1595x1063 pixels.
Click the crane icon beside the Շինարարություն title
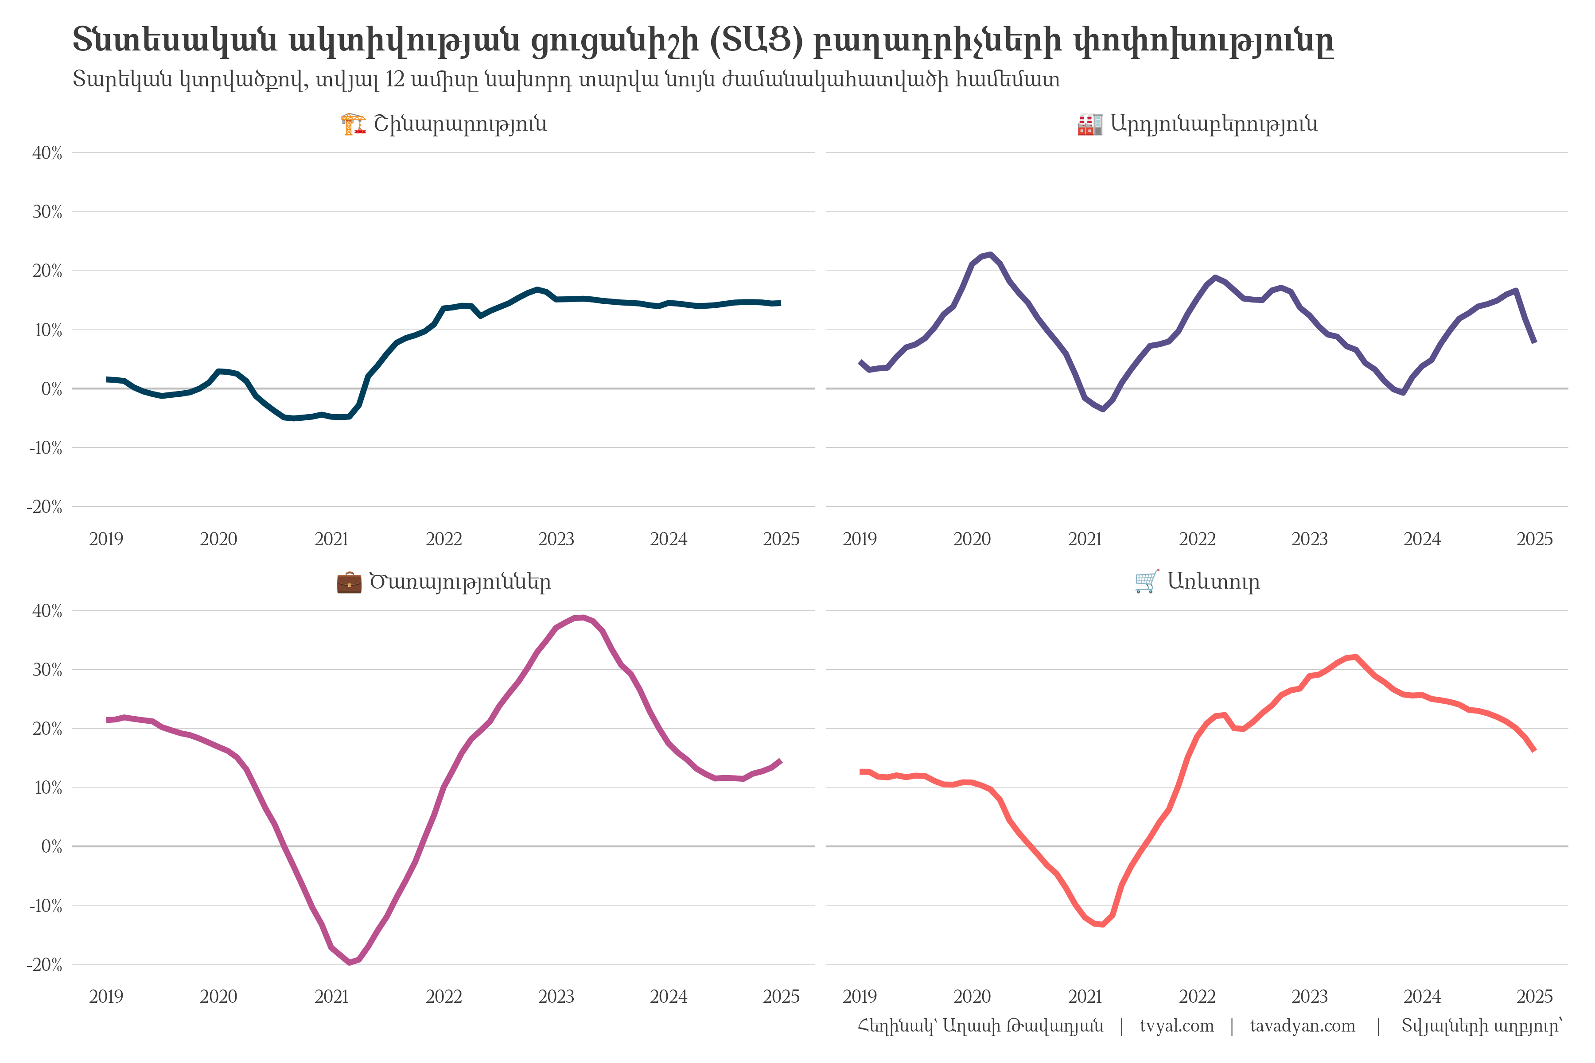tap(353, 124)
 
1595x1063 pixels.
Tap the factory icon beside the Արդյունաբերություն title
tap(1089, 124)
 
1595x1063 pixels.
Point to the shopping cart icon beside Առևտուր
tap(1147, 582)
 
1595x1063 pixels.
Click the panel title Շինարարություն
tap(460, 124)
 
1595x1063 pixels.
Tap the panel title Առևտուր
tap(1213, 582)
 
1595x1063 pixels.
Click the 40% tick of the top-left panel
tap(47, 153)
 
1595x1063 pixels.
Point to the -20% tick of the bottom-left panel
tap(45, 965)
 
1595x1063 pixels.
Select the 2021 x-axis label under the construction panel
tap(331, 539)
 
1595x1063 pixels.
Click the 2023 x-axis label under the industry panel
tap(1309, 539)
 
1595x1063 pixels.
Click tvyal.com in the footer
tap(1177, 1026)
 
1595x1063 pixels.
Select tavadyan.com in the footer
tap(1302, 1026)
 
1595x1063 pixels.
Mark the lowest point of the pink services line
tap(349, 962)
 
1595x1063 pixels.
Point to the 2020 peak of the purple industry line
tap(990, 255)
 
